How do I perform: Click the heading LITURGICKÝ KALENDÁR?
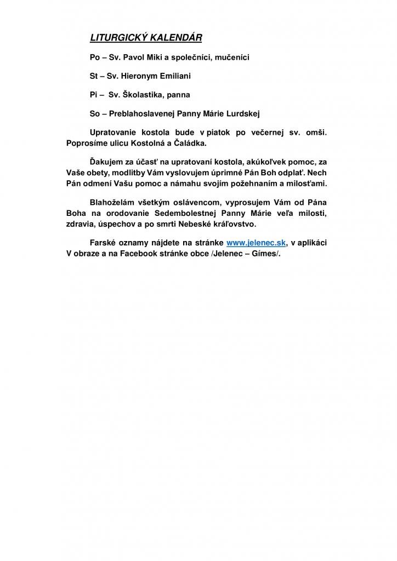point(146,38)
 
